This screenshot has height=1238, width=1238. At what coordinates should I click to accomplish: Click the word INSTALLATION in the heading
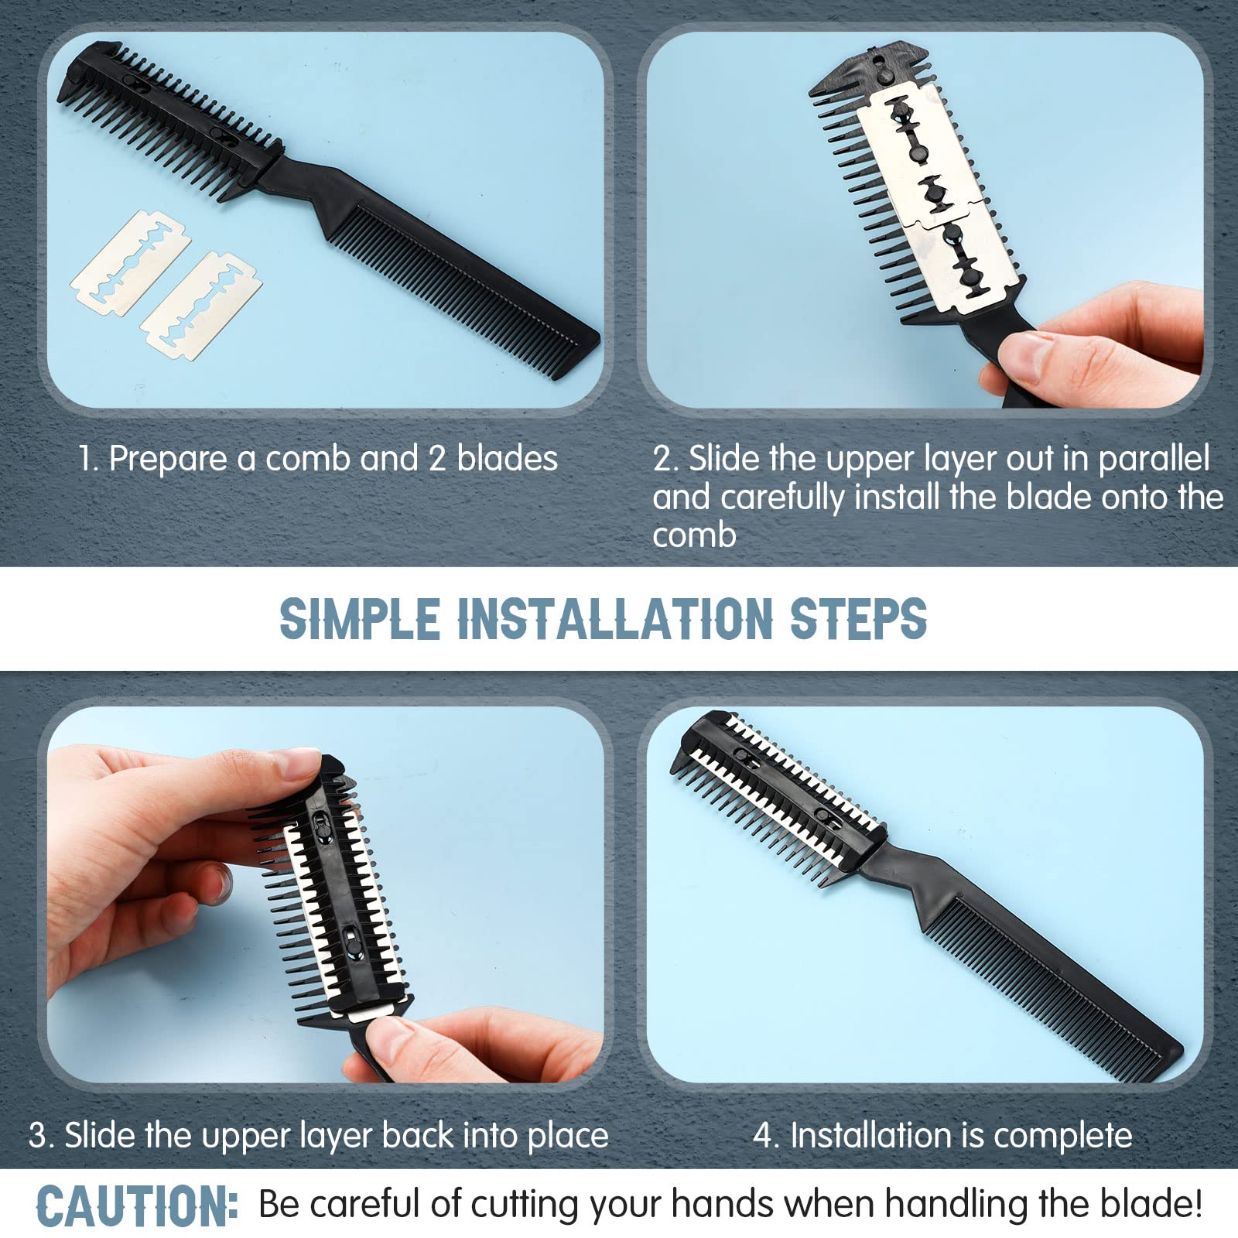point(615,619)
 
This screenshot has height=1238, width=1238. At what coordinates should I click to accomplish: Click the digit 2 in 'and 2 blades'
point(436,458)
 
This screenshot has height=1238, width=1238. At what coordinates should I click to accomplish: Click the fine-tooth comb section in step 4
point(1052,990)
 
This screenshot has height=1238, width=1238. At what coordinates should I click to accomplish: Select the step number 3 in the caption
point(37,1135)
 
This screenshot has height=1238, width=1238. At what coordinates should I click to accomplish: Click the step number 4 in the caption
point(764,1135)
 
